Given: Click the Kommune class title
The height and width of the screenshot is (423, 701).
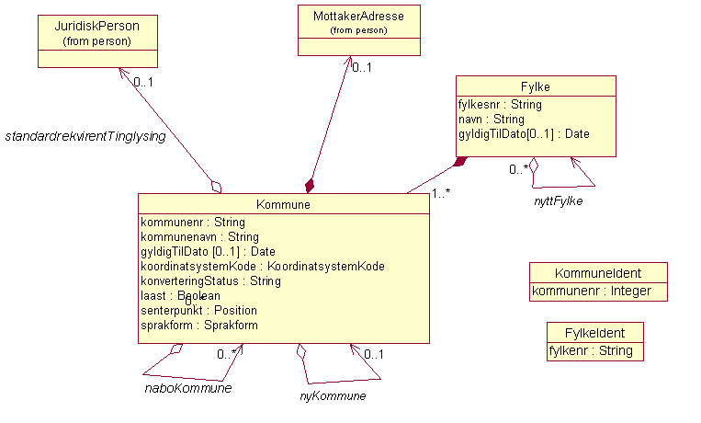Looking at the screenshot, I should click(283, 205).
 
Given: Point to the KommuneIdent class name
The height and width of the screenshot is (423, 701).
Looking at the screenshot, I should click(598, 273).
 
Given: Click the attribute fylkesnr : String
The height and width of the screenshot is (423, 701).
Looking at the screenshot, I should click(500, 105).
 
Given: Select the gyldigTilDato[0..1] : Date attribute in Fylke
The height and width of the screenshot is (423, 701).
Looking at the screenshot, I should click(524, 134).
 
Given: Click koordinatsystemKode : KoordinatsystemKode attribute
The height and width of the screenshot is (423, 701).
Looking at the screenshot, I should click(262, 267).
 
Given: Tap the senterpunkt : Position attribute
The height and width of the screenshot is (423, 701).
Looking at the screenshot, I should click(198, 311).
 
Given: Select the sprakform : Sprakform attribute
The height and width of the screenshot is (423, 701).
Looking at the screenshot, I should click(199, 326).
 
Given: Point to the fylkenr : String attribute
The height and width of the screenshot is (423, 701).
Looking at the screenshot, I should click(583, 351).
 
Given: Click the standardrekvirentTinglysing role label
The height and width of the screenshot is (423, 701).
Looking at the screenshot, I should click(85, 137).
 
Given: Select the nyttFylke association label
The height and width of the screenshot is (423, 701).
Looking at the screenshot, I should click(559, 200).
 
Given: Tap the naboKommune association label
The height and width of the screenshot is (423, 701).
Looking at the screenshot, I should click(187, 388).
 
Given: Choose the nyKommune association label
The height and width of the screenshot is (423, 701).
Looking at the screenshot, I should click(333, 396).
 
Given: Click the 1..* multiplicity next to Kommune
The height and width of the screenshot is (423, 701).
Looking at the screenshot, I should click(442, 193).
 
